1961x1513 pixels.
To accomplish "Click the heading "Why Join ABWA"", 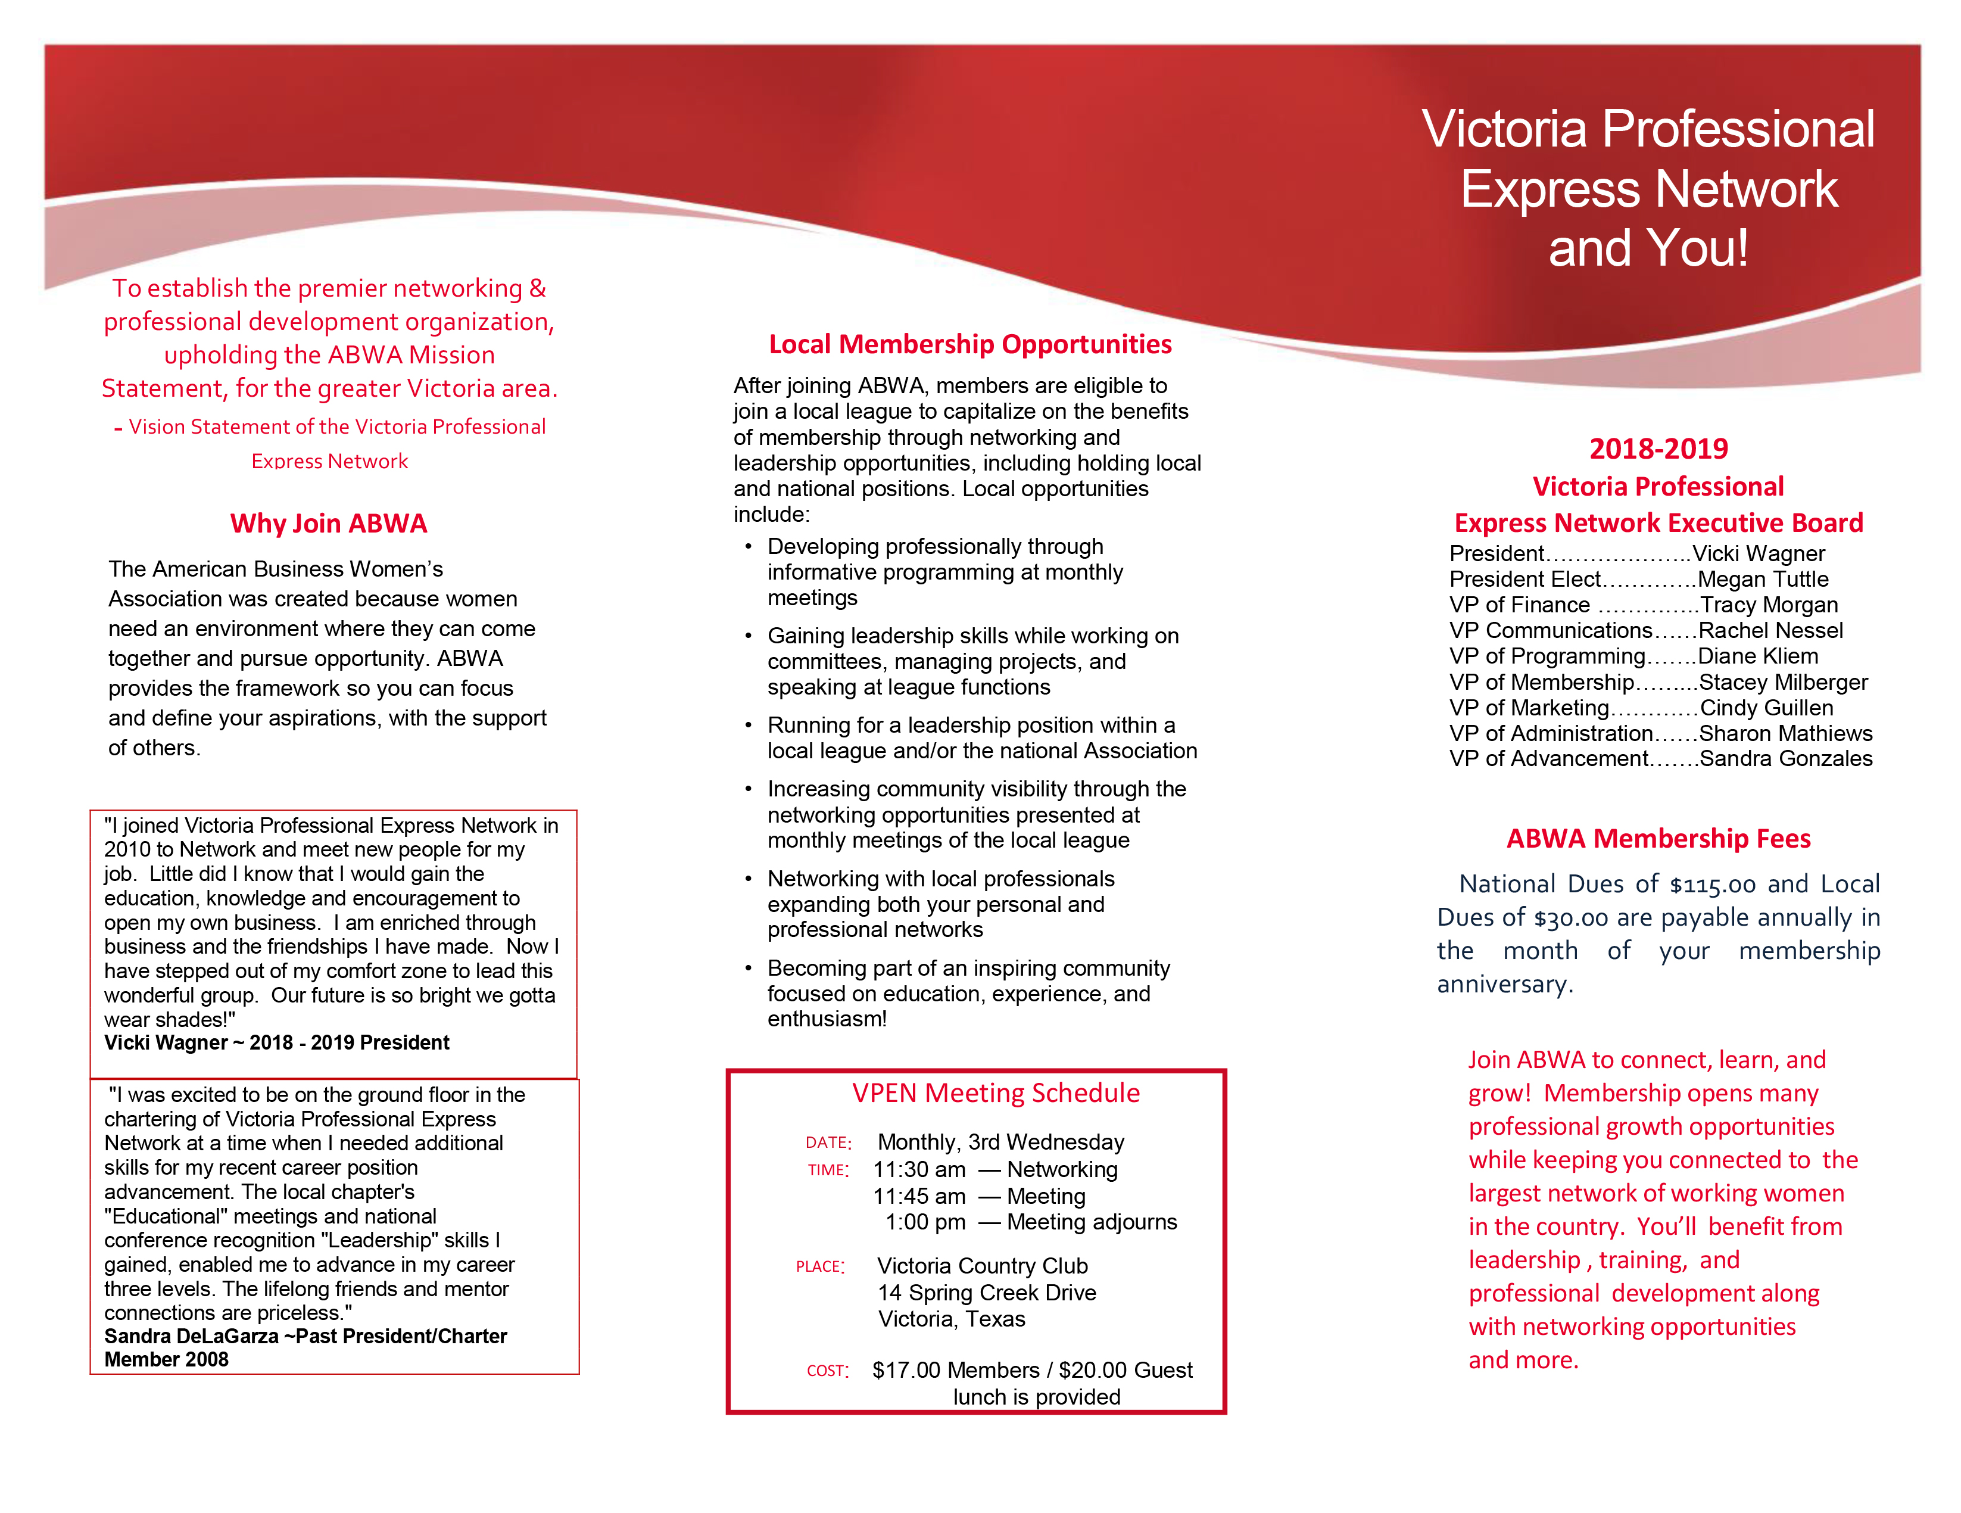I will [329, 524].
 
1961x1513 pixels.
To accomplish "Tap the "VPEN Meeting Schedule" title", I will [996, 1093].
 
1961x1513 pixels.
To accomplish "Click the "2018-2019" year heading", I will [1658, 448].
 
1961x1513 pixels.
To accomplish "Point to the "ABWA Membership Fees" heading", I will [1658, 839].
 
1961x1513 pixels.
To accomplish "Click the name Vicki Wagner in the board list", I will [1758, 553].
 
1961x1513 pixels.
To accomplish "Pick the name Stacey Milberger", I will [1783, 683].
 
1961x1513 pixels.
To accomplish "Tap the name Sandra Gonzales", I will [1786, 759].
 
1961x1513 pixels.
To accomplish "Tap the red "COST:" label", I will [827, 1371].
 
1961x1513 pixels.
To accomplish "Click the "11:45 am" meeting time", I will [919, 1196].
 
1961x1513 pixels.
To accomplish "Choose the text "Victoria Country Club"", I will [983, 1266].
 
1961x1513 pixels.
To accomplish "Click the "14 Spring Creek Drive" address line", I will [987, 1293].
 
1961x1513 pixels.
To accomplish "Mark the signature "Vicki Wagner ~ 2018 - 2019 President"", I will [276, 1042].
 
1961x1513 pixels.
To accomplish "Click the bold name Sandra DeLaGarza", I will [191, 1336].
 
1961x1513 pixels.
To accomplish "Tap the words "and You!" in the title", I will [1648, 249].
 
